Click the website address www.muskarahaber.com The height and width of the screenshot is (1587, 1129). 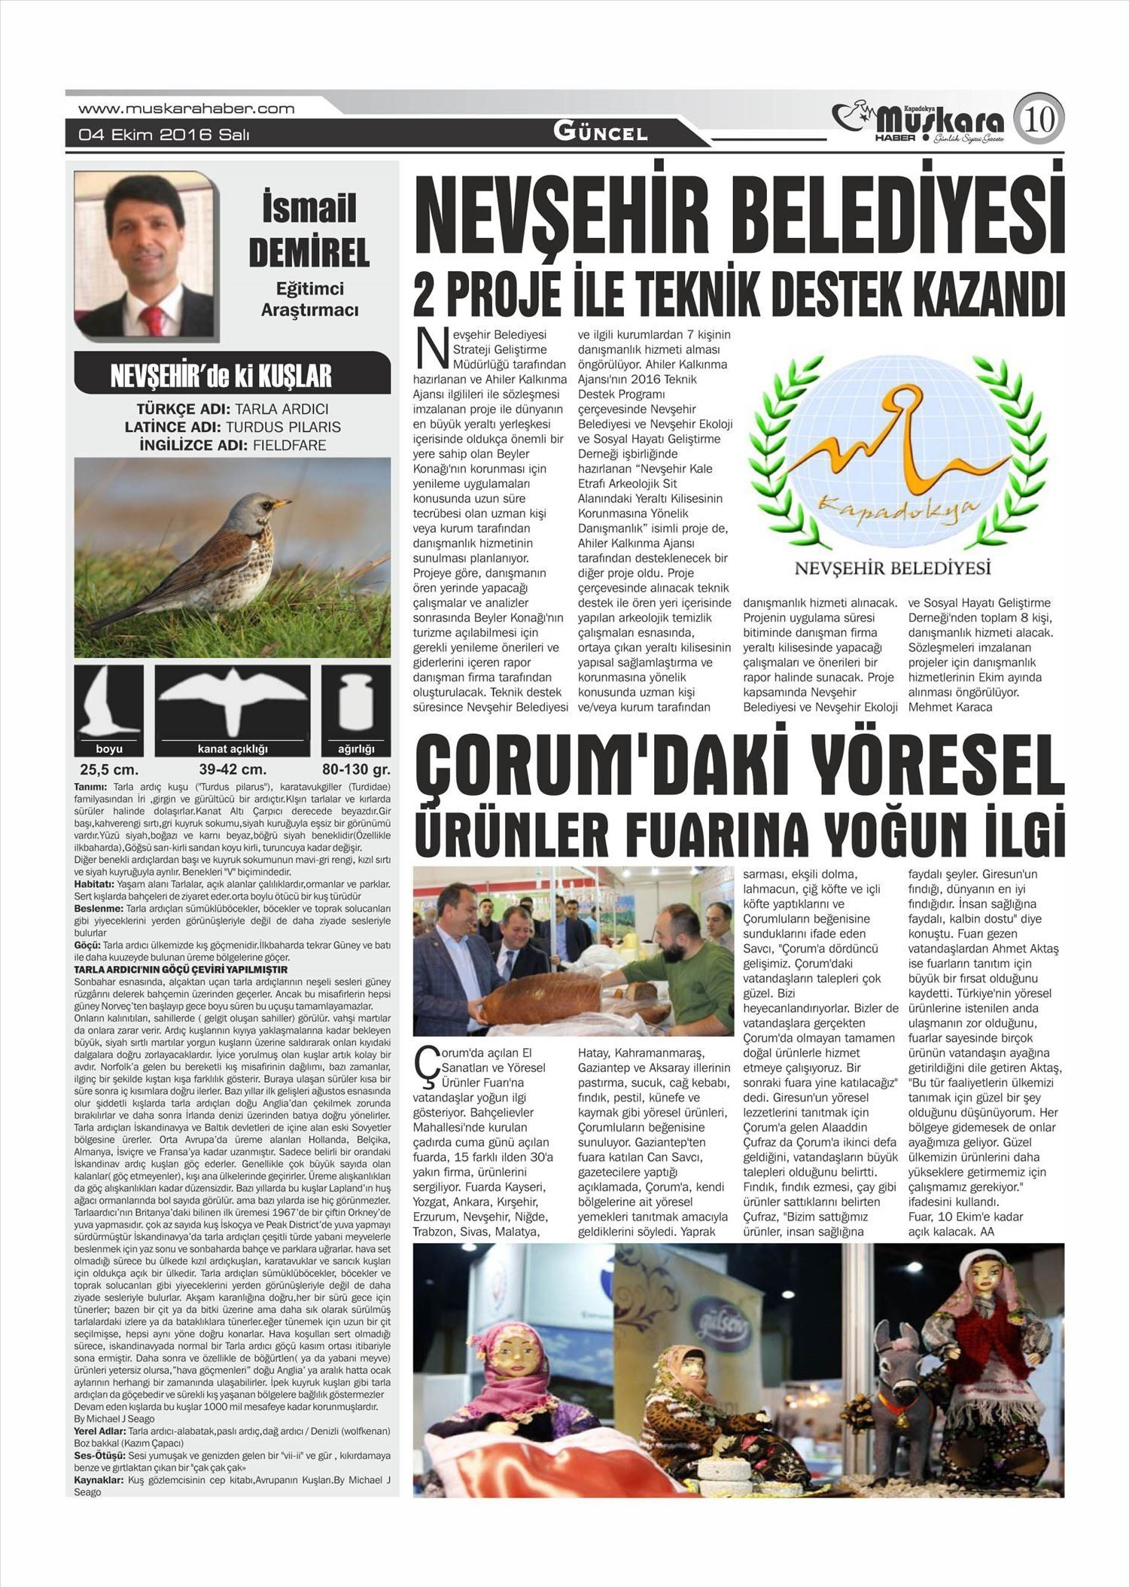click(186, 108)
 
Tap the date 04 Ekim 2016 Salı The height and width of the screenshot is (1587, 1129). click(164, 136)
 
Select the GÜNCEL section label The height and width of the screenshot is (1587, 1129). click(600, 133)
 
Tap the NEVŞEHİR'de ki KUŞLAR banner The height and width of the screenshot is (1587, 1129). click(231, 376)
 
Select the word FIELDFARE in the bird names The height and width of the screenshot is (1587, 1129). click(289, 445)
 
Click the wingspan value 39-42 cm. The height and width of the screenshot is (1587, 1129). click(233, 770)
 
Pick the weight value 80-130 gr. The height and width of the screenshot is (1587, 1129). click(355, 770)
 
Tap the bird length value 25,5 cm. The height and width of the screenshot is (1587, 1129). click(109, 770)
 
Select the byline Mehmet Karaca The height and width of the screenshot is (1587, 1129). click(950, 707)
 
